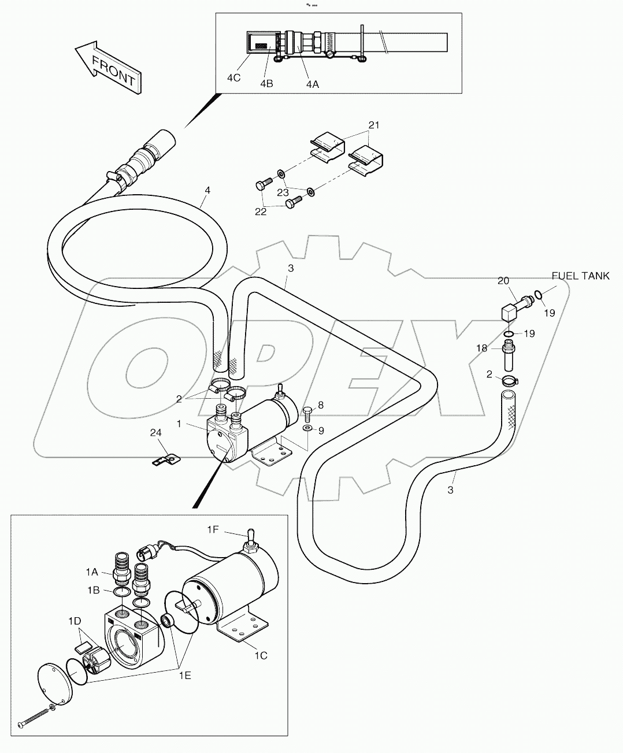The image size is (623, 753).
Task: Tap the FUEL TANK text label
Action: click(580, 276)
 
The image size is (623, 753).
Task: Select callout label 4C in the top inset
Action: click(233, 77)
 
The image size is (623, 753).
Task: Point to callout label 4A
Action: click(312, 84)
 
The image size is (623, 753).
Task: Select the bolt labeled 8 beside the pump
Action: click(307, 413)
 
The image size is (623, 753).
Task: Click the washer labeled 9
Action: click(307, 428)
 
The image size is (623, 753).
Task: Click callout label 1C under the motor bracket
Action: click(261, 655)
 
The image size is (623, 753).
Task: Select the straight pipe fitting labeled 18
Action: click(509, 355)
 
